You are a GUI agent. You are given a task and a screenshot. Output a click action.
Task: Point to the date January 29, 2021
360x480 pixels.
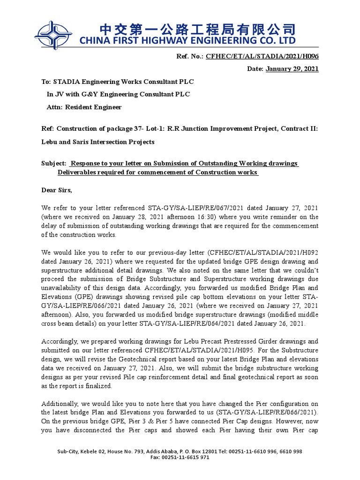point(292,69)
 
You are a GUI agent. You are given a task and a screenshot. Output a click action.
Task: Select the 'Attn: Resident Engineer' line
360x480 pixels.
point(84,107)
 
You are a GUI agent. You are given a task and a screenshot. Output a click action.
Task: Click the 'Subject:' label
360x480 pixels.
point(54,163)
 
